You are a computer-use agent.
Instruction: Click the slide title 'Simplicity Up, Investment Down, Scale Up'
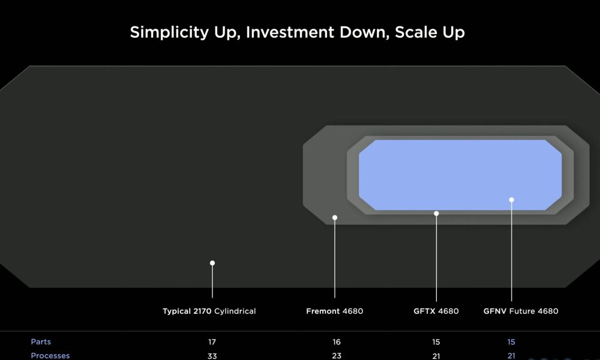(x=298, y=32)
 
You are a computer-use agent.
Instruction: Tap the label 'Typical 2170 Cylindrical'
(x=209, y=311)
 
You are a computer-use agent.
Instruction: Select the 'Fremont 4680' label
(x=334, y=311)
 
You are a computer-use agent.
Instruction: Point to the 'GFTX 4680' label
(x=436, y=311)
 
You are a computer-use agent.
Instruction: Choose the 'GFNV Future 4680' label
(x=521, y=311)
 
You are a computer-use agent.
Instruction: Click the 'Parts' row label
(x=41, y=341)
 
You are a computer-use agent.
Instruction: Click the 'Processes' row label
(x=50, y=356)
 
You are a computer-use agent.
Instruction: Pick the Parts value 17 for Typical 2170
(x=212, y=342)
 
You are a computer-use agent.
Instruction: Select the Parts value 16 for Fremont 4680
(x=337, y=342)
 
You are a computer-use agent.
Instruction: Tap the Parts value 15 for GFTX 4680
(x=436, y=342)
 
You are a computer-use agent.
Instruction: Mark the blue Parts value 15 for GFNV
(x=511, y=342)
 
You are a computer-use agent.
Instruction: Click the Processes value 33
(x=212, y=356)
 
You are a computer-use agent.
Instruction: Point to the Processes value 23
(x=337, y=356)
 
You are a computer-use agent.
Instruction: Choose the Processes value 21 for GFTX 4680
(x=436, y=356)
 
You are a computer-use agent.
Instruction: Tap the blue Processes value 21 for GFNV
(x=511, y=356)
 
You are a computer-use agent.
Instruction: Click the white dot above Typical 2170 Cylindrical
(x=212, y=263)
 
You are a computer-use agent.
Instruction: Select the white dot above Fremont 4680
(x=335, y=218)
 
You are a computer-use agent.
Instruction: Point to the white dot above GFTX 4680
(x=436, y=214)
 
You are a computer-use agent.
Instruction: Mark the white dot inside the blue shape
(x=512, y=200)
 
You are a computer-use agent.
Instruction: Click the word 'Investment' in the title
(x=290, y=32)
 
